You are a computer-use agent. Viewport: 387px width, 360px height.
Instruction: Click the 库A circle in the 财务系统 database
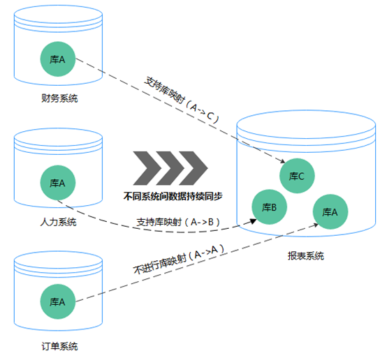58,59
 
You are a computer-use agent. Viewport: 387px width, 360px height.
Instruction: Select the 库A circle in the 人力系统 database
58,183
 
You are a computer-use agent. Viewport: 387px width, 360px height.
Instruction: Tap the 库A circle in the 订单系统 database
58,301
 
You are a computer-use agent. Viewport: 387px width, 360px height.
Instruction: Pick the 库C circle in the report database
297,176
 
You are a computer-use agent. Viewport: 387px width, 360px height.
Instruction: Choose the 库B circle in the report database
269,207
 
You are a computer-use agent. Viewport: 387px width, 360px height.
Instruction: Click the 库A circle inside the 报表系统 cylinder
330,212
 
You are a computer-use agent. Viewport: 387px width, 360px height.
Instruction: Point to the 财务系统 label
59,98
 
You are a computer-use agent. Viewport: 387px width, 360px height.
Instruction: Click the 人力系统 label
59,222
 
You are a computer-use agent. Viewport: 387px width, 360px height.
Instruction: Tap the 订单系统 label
59,347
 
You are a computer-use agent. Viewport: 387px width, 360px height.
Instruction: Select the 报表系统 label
306,256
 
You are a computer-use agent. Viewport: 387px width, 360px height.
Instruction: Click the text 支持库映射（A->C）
182,100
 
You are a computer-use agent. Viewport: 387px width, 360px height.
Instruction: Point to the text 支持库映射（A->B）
178,222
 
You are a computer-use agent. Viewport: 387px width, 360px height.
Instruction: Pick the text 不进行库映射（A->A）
179,259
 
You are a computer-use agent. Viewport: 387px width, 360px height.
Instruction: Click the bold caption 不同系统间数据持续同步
173,196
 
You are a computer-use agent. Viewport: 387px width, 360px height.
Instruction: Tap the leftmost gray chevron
147,168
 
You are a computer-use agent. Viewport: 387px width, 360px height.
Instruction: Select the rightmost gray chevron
193,168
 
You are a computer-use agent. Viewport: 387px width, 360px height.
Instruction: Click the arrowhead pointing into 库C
283,161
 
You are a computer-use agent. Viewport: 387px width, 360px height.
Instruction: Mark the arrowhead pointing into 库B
254,221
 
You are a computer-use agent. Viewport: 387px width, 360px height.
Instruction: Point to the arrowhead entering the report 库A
316,225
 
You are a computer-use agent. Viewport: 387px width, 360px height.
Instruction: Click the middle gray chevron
170,168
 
